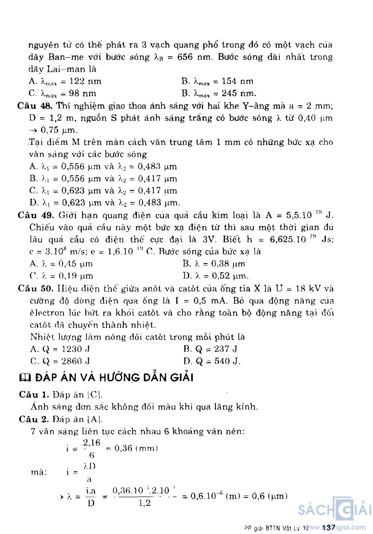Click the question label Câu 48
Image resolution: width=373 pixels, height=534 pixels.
(x=35, y=106)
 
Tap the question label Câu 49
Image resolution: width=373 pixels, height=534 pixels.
(x=36, y=215)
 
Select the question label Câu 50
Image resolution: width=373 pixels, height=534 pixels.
(x=36, y=289)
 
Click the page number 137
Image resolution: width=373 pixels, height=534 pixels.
(x=328, y=527)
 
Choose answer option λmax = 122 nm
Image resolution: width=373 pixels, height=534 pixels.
(x=66, y=82)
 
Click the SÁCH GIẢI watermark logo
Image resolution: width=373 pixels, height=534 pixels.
(x=334, y=510)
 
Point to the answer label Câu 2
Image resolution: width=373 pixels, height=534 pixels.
(x=34, y=419)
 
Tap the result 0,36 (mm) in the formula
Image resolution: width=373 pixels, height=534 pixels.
(x=136, y=448)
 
